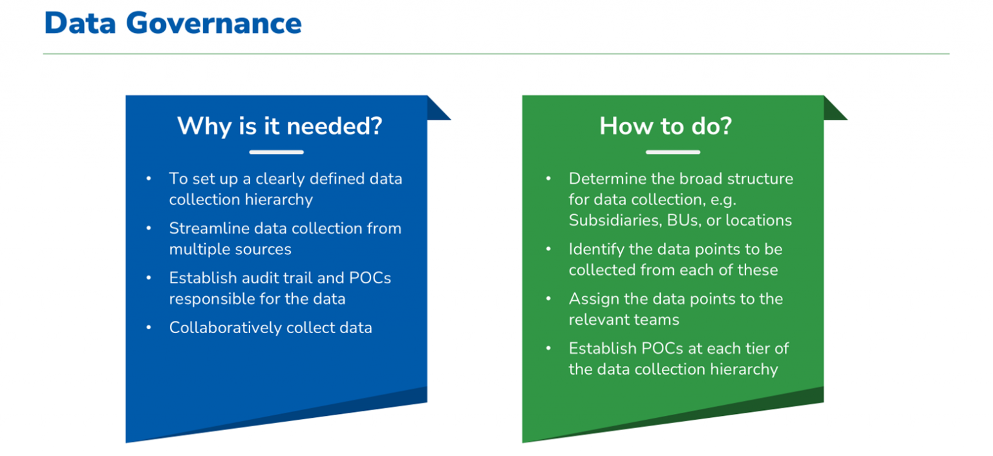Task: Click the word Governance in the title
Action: [213, 23]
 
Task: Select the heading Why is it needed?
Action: [280, 125]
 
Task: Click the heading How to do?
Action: [665, 125]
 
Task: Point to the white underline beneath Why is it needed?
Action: [276, 152]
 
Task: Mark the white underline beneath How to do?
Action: [672, 152]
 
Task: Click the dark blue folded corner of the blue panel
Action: [438, 109]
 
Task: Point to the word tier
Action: [755, 349]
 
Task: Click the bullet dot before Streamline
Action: [149, 228]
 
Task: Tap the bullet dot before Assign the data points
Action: [549, 299]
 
